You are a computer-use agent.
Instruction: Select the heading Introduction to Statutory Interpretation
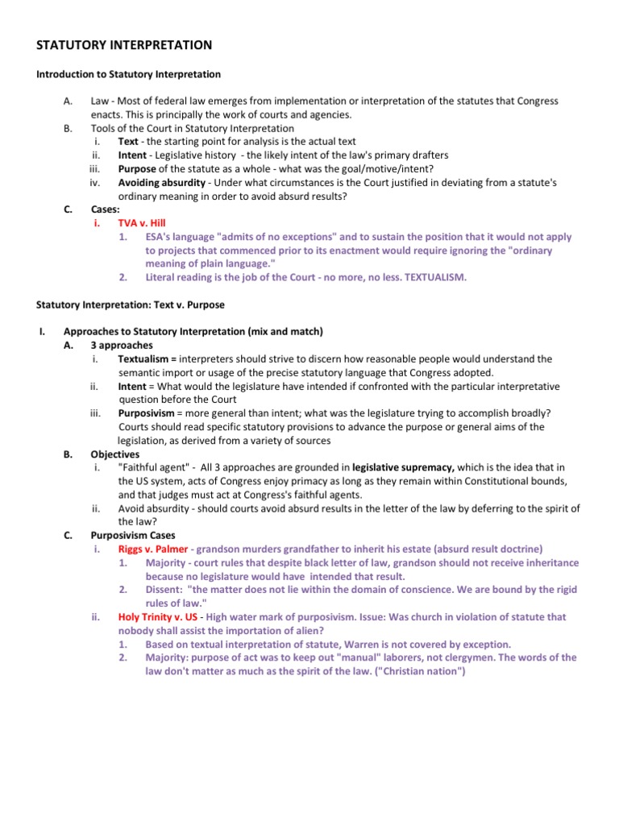point(128,74)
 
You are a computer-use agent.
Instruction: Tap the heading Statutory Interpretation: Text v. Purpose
point(131,305)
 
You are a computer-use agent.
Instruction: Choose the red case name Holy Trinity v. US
point(158,617)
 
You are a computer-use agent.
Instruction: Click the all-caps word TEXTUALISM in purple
point(438,277)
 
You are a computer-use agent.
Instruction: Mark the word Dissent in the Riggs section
point(163,590)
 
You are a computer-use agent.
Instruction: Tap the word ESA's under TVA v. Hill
point(160,237)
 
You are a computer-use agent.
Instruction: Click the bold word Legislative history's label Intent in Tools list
point(132,155)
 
